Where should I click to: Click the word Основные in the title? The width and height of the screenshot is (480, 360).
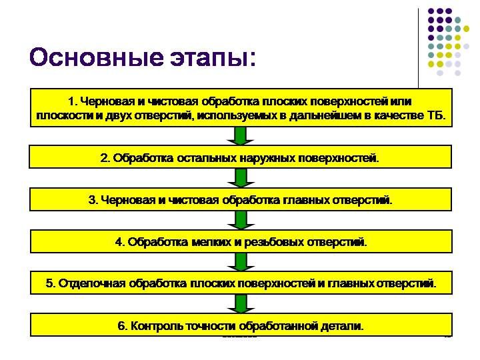96,57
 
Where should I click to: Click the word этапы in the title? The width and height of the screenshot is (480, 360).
209,58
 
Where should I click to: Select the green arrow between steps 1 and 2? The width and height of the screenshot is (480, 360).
241,136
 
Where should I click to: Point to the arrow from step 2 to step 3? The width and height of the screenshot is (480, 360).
241,178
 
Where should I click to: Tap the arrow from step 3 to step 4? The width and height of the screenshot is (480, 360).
241,220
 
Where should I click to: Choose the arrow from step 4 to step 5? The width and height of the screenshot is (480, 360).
241,262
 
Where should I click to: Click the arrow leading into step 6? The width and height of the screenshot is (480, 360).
241,304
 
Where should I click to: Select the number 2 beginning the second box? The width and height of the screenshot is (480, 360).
105,158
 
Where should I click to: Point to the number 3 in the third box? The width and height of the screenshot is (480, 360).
92,200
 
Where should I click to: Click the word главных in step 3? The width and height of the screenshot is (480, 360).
306,200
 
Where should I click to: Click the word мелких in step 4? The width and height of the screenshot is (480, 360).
211,242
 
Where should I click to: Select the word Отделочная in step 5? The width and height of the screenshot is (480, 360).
92,283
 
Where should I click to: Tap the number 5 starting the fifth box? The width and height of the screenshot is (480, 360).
50,283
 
